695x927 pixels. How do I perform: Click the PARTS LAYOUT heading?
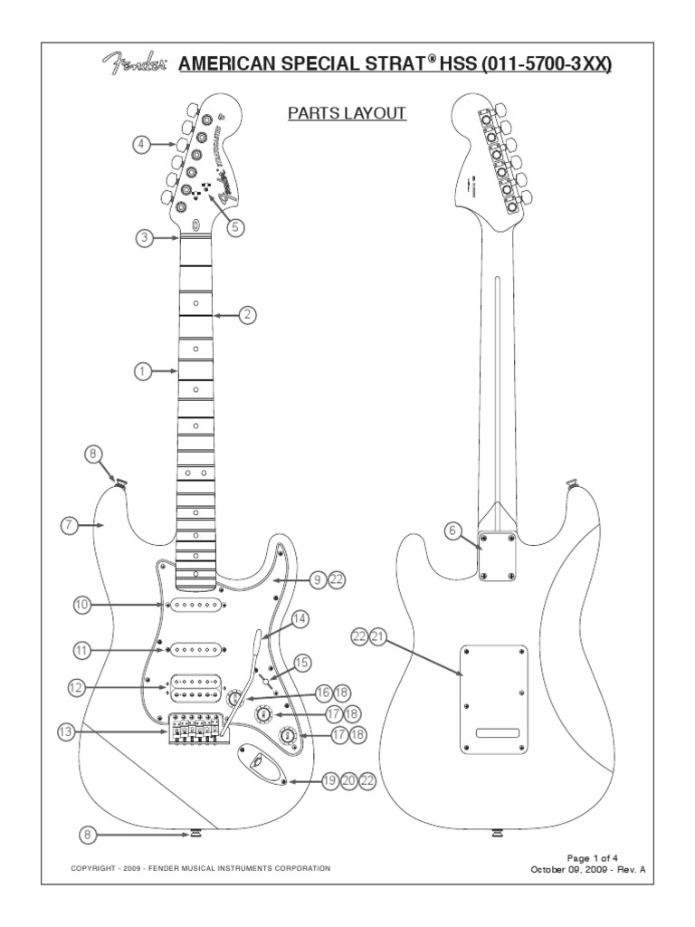347,113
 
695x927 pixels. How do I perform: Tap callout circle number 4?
141,144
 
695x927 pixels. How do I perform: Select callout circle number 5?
236,227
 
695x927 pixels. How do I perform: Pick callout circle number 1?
141,370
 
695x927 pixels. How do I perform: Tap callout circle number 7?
71,524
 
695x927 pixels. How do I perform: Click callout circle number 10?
82,603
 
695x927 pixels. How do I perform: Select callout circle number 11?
82,650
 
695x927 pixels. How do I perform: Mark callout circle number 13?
64,732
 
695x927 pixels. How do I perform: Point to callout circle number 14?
298,619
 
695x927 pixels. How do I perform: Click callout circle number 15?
302,662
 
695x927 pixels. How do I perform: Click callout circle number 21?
378,637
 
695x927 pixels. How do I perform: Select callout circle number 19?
328,779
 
